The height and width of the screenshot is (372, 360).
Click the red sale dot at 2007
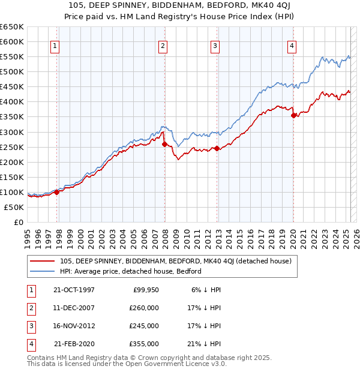(x=164, y=144)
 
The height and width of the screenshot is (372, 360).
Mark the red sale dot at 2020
(x=293, y=115)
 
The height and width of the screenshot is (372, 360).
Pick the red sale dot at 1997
(x=57, y=192)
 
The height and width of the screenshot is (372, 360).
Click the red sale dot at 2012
(x=217, y=148)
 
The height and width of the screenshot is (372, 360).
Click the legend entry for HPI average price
(x=130, y=271)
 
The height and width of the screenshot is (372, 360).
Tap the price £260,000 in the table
(x=145, y=307)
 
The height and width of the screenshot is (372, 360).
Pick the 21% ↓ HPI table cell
(x=206, y=344)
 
